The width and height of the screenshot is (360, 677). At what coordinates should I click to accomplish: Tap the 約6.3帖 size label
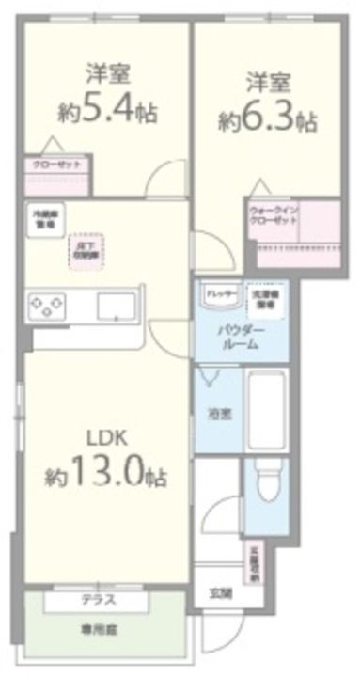pyautogui.click(x=269, y=120)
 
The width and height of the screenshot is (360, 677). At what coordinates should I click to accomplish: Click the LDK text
pyautogui.click(x=107, y=438)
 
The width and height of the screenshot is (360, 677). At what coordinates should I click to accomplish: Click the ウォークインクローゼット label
pyautogui.click(x=273, y=213)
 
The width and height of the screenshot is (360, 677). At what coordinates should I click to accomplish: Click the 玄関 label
pyautogui.click(x=219, y=592)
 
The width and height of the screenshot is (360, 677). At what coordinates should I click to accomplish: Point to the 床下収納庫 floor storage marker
pyautogui.click(x=86, y=250)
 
